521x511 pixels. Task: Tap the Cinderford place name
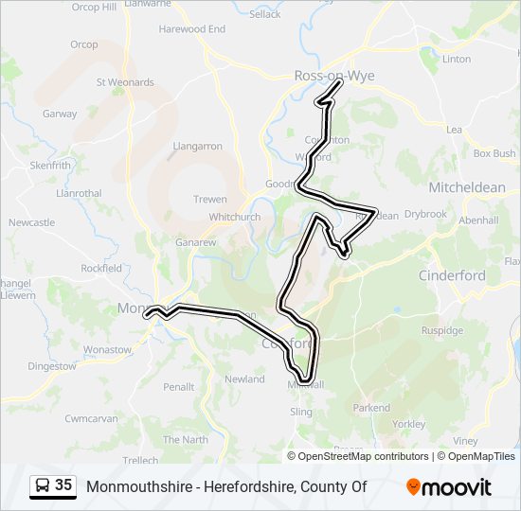click(x=452, y=275)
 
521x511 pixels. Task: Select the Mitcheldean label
click(x=467, y=187)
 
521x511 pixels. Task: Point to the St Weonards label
click(x=125, y=82)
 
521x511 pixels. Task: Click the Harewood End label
click(x=192, y=29)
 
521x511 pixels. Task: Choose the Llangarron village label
click(x=198, y=147)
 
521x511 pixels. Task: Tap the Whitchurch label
click(x=235, y=217)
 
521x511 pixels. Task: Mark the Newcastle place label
click(x=31, y=222)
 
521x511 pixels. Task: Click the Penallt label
click(x=178, y=387)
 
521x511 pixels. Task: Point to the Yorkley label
click(x=408, y=425)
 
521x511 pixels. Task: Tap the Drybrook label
click(x=425, y=214)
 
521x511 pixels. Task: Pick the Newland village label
click(x=244, y=379)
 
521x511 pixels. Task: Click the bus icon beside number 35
click(x=42, y=485)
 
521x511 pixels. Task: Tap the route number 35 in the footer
click(x=63, y=485)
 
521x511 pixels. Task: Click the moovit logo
click(x=449, y=486)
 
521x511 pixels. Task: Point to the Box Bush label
click(x=494, y=153)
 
